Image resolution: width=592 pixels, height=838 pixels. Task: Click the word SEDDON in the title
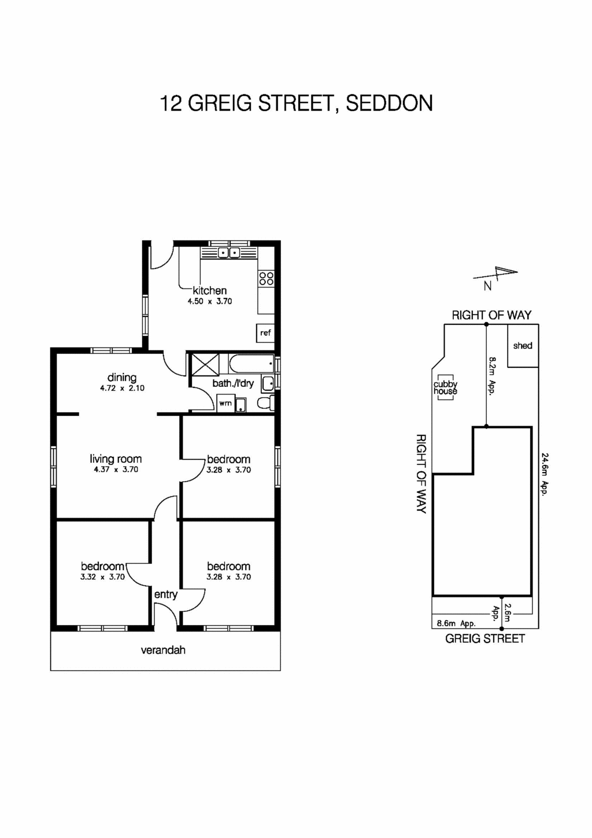389,104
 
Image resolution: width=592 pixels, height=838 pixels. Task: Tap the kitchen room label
209,290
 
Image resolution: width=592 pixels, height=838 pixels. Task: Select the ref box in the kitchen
265,333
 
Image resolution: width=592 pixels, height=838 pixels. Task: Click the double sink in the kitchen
229,253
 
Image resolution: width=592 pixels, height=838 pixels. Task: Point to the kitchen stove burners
266,278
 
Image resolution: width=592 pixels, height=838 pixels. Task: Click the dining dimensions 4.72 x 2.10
122,388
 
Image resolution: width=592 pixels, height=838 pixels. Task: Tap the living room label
116,459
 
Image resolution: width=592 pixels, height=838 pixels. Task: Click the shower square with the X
205,364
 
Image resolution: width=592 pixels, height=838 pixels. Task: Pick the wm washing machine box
225,403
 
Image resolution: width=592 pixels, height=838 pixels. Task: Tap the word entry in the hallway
165,594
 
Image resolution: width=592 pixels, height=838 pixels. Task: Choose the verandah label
163,650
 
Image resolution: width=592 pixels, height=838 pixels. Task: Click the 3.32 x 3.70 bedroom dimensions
102,577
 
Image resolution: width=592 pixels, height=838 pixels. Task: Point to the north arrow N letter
488,286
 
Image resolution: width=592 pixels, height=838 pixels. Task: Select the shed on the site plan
523,346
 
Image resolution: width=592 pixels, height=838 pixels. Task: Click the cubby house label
445,387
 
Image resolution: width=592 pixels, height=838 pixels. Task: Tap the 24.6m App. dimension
544,474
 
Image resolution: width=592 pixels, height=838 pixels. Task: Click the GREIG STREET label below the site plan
484,638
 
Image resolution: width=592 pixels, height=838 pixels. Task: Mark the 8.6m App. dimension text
456,623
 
